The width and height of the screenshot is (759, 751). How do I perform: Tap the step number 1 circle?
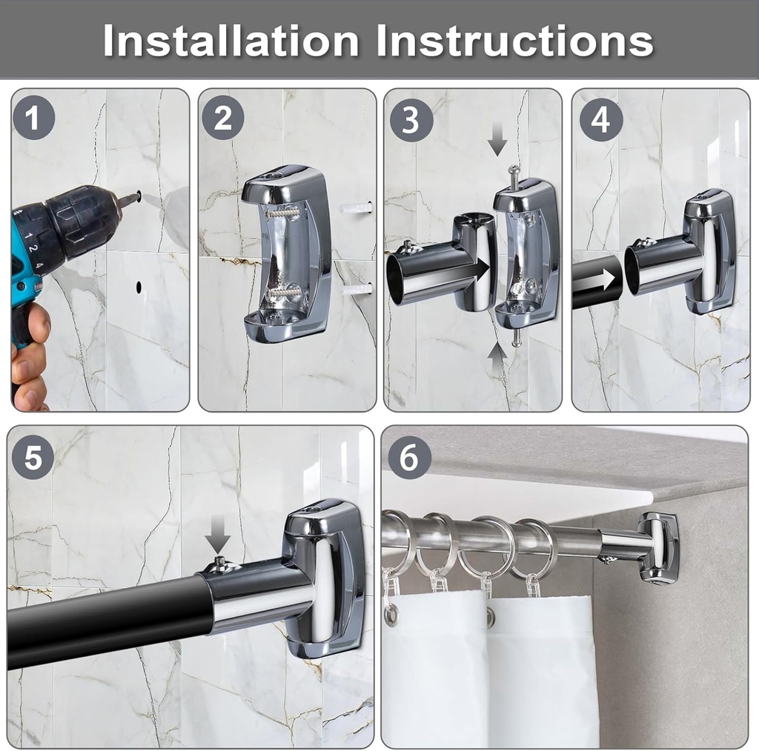(x=33, y=119)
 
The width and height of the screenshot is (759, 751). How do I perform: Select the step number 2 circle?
(x=223, y=119)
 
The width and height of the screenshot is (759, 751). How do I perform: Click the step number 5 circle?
(x=33, y=457)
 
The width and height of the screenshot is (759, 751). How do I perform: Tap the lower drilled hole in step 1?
(x=139, y=285)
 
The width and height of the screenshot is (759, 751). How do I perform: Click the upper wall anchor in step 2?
(x=357, y=208)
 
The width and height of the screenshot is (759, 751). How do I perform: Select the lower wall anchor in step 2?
(x=357, y=289)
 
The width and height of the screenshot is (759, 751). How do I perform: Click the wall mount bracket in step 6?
(x=657, y=548)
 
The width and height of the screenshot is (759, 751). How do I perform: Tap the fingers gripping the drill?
(x=30, y=363)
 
